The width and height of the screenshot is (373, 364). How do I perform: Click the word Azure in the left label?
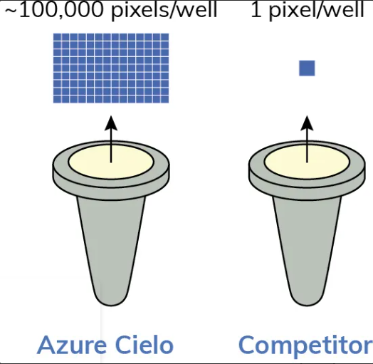[72, 345]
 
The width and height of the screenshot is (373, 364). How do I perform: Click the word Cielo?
[145, 344]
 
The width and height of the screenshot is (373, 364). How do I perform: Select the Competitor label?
[305, 346]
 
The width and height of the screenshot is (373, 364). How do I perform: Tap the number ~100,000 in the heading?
[54, 10]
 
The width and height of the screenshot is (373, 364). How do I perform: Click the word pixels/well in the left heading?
[164, 11]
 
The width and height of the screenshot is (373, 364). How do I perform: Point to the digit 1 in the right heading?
[256, 10]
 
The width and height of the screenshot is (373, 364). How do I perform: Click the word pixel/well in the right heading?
[317, 11]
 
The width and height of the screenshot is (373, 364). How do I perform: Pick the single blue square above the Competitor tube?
[307, 68]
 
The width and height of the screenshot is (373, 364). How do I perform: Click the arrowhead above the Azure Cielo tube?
[111, 123]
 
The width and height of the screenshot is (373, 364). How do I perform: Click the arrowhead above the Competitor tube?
[307, 123]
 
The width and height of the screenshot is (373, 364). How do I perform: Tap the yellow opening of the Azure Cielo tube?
[111, 162]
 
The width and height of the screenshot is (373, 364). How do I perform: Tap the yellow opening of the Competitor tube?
[307, 162]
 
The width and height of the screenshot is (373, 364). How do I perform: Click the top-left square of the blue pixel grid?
[57, 37]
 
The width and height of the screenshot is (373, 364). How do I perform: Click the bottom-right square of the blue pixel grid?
[165, 99]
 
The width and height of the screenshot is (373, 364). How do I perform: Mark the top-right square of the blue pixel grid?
[165, 37]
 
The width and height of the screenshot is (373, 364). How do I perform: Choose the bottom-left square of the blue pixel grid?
[57, 99]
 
